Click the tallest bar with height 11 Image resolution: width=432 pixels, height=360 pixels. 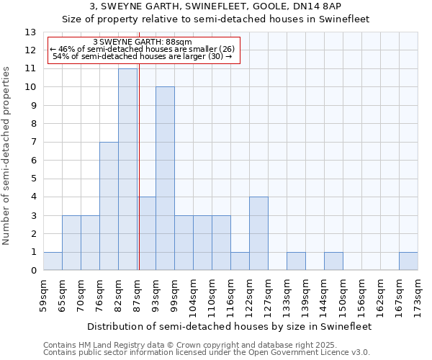[x=127, y=169]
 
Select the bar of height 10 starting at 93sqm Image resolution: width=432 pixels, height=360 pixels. [x=165, y=179]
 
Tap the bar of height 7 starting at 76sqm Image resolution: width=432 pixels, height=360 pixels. [x=109, y=206]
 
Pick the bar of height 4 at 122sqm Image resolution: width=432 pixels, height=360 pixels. [x=258, y=233]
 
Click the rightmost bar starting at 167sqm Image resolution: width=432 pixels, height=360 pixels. [x=408, y=261]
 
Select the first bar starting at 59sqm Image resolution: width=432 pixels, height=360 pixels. [x=53, y=261]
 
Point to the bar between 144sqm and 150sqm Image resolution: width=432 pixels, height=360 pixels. [x=333, y=261]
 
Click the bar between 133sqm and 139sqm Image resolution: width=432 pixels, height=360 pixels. [x=296, y=261]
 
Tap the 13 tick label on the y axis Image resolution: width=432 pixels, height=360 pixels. [x=30, y=32]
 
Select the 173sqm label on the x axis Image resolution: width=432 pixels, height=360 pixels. [x=418, y=296]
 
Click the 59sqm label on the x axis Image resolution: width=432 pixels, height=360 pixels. [x=44, y=296]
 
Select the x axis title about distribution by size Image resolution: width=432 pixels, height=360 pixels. [x=230, y=326]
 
